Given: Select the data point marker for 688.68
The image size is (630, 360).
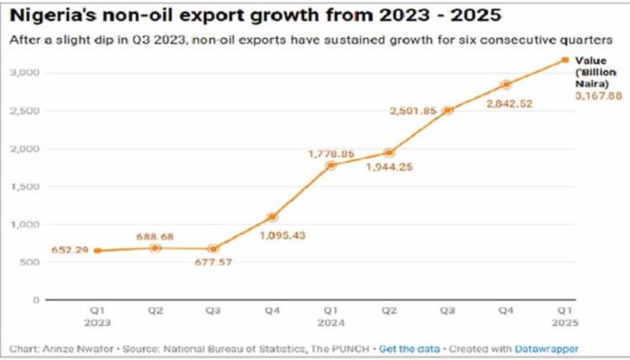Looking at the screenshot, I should [155, 247].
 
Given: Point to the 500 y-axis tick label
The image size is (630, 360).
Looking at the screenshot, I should [32, 261].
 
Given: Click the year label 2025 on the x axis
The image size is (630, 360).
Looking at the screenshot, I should [565, 320].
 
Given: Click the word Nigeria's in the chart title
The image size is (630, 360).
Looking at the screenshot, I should [55, 15].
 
